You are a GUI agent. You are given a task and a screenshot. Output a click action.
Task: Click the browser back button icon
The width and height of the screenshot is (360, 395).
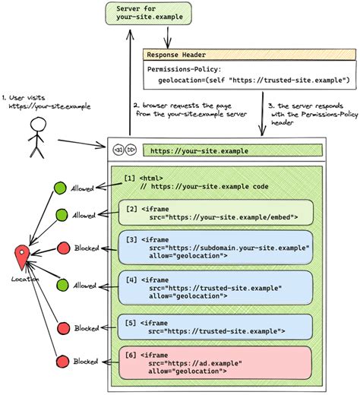point(118,150)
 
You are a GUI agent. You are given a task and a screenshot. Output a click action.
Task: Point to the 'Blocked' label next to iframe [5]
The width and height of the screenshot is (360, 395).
point(87,328)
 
